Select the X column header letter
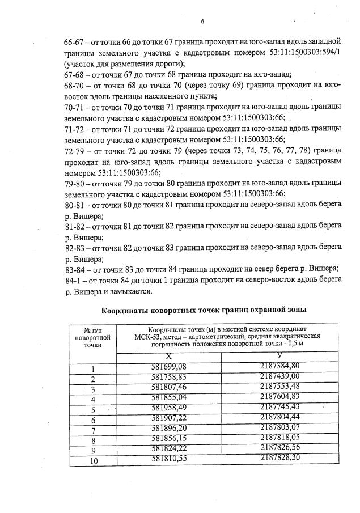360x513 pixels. click(168, 357)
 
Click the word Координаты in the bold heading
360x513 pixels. click(129, 310)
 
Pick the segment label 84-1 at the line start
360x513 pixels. click(74, 280)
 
